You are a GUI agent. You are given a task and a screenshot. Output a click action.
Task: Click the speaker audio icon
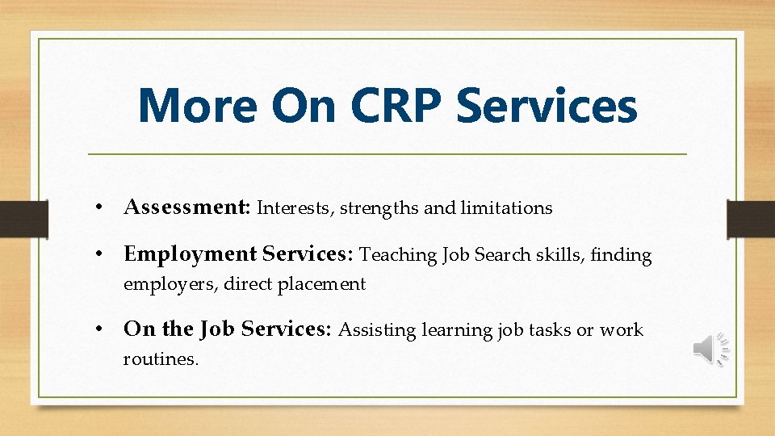(710, 349)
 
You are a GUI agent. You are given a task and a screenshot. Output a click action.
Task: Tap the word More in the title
(199, 107)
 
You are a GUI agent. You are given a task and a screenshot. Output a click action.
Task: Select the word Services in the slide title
(547, 107)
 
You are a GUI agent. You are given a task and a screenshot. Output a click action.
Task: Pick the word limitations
(506, 208)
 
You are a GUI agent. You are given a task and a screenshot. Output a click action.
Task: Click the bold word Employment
(190, 254)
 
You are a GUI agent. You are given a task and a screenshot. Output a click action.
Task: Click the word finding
(621, 255)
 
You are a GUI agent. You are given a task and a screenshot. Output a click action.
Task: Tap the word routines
(160, 359)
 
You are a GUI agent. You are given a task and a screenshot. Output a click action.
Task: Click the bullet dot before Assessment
(97, 208)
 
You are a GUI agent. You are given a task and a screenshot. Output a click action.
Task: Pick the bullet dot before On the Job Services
(97, 330)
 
